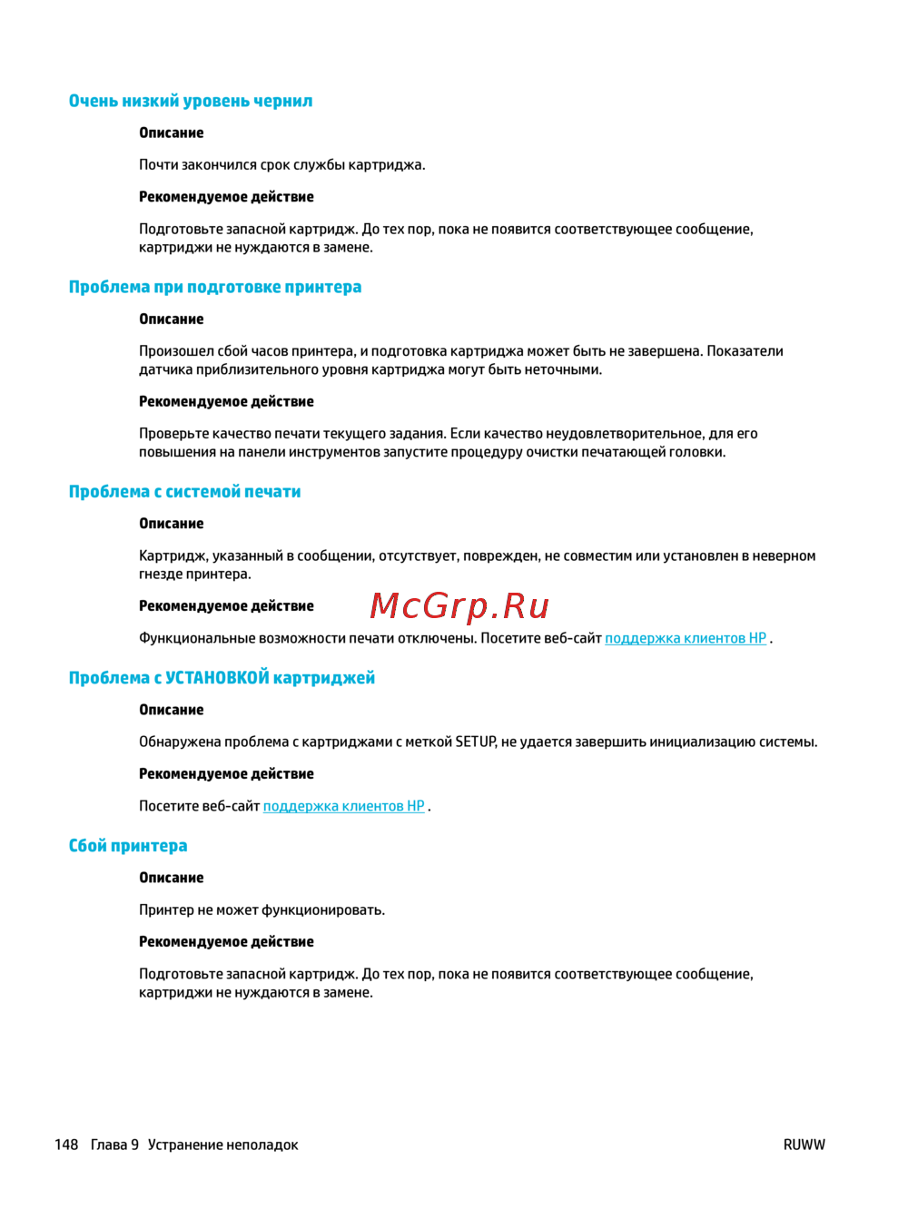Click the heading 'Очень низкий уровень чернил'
coord(191,101)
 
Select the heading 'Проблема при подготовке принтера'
coord(215,287)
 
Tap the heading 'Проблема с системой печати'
coord(185,492)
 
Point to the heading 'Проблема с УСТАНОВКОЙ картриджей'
coord(222,678)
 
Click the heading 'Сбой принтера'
coord(128,846)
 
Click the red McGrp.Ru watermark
coord(460,605)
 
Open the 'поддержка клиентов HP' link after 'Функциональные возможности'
coord(686,638)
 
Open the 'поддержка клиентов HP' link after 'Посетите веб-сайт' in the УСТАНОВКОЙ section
coord(344,806)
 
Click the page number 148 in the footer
coord(66,1145)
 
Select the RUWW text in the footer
coord(804,1145)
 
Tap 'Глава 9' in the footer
coord(114,1145)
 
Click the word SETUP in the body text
coord(475,742)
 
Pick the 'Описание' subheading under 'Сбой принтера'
coord(172,878)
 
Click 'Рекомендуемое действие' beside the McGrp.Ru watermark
coord(226,605)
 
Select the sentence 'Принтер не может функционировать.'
coord(262,909)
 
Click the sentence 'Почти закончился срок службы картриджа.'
coord(281,164)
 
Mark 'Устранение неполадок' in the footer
coord(222,1145)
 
